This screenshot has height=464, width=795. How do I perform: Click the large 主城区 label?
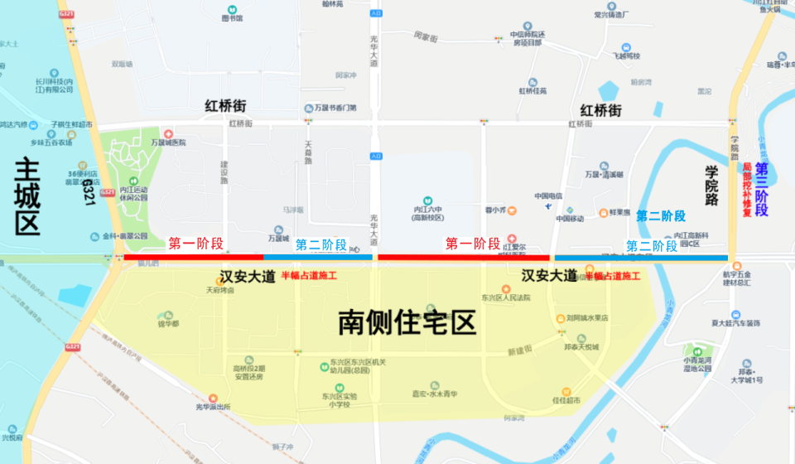click(27, 196)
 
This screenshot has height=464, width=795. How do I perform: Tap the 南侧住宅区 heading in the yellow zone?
click(407, 322)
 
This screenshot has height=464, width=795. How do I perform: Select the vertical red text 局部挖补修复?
click(747, 190)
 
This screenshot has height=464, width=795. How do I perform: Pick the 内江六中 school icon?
click(428, 201)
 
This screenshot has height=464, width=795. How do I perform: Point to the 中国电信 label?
click(548, 196)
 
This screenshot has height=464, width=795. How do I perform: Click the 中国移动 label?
click(570, 218)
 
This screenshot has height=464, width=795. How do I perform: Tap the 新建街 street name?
click(518, 350)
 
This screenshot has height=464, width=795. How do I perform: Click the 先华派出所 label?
click(219, 407)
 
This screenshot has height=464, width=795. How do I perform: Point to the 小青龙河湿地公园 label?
click(697, 365)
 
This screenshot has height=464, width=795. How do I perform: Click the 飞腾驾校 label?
click(626, 56)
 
